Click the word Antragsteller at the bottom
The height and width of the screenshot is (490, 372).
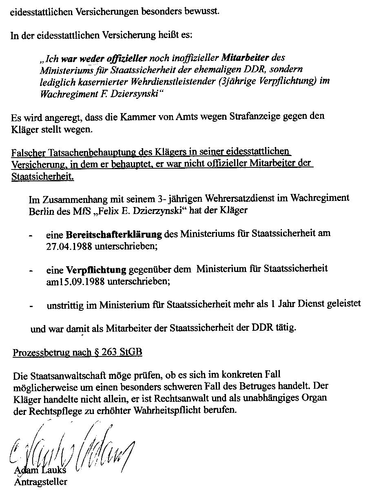pyautogui.click(x=41, y=482)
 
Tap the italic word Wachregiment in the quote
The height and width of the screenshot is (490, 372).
pyautogui.click(x=66, y=94)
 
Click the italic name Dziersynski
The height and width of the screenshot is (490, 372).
pyautogui.click(x=133, y=94)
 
